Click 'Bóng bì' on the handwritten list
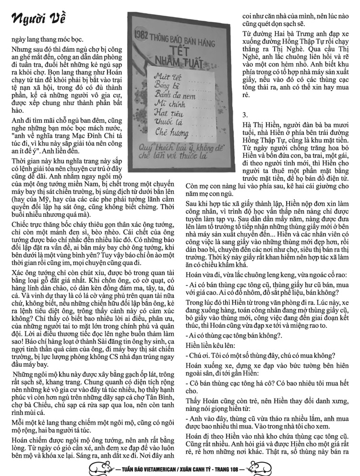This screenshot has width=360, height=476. click(163, 90)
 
